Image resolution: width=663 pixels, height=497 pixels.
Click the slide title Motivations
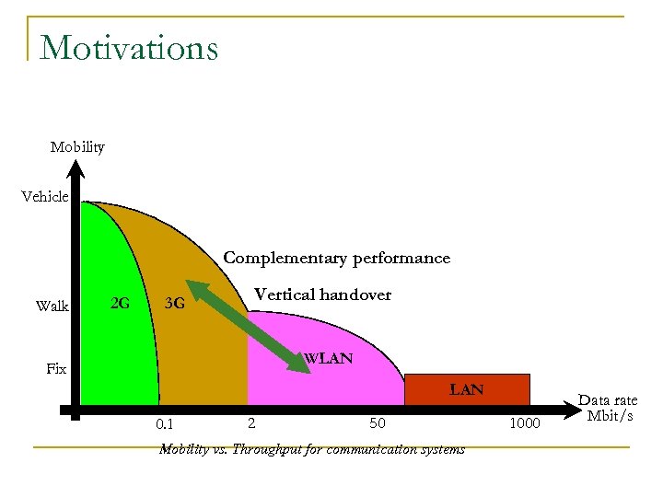click(129, 47)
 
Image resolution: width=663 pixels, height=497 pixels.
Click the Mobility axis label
click(77, 147)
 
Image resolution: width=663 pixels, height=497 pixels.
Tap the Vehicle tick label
click(45, 196)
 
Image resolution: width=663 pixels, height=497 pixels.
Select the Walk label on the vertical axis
click(52, 306)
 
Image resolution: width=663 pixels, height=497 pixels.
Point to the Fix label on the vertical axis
click(56, 368)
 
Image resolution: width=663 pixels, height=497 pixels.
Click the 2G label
click(119, 302)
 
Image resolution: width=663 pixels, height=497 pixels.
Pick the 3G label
click(173, 303)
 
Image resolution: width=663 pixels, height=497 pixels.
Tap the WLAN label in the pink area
click(328, 358)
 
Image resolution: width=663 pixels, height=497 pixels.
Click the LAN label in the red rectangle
click(466, 389)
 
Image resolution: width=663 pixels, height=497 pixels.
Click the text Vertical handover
click(322, 295)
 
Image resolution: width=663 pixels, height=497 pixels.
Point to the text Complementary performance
click(337, 258)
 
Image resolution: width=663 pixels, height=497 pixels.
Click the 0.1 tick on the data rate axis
click(165, 424)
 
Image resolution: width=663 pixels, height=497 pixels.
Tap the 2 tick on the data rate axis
click(250, 423)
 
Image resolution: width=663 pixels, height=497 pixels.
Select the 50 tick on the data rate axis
click(378, 423)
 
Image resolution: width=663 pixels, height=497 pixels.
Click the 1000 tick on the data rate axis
click(527, 423)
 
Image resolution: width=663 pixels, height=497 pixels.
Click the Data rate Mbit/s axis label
click(607, 408)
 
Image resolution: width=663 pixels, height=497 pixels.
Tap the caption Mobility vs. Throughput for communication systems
click(311, 449)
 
